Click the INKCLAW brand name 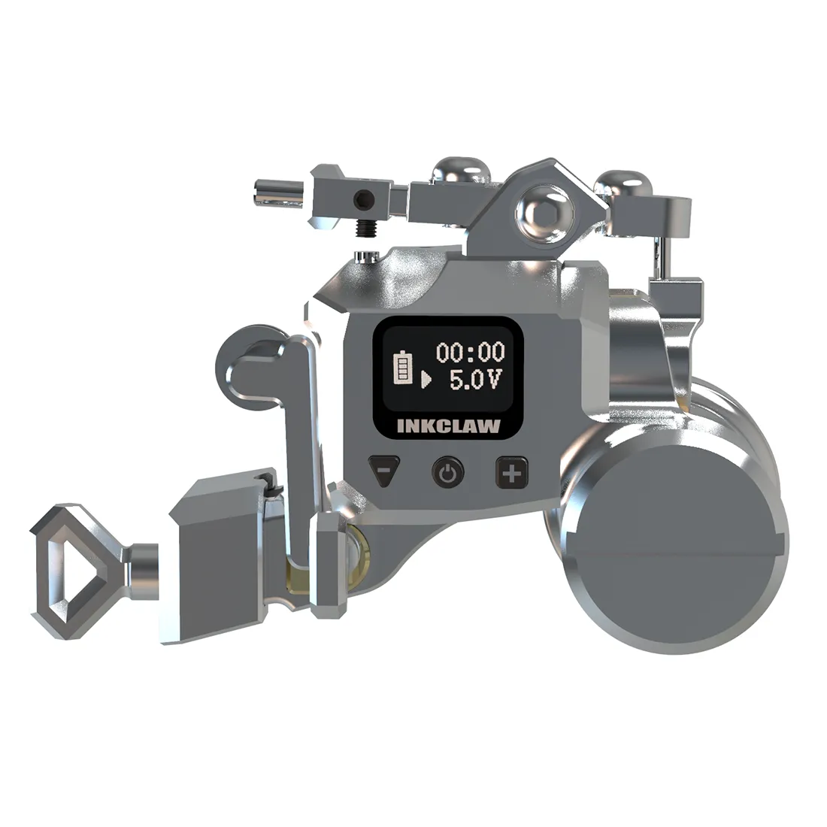tap(448, 426)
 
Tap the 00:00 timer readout tap(471, 353)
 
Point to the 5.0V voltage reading tap(476, 379)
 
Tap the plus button tap(511, 473)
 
